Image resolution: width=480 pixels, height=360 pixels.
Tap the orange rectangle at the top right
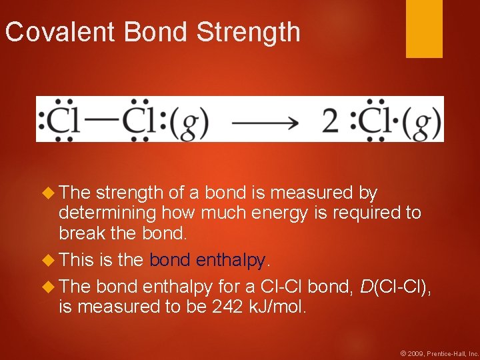[424, 28]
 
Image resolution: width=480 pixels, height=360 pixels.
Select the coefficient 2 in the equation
[331, 121]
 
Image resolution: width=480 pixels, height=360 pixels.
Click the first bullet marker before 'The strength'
[47, 193]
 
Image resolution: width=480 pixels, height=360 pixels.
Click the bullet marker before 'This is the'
[47, 260]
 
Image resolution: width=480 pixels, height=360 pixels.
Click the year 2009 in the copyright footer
[415, 352]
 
